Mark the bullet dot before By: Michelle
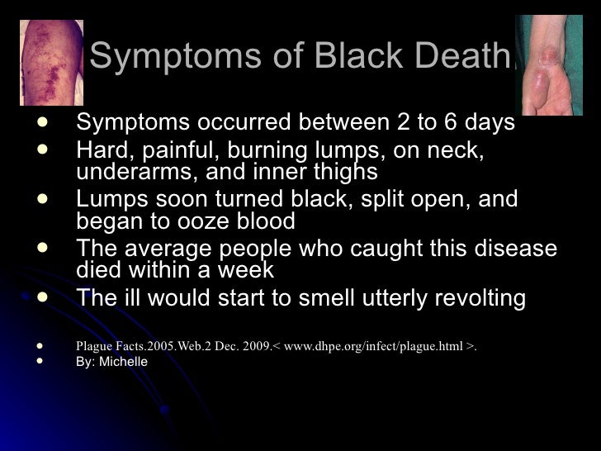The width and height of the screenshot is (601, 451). (40, 362)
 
